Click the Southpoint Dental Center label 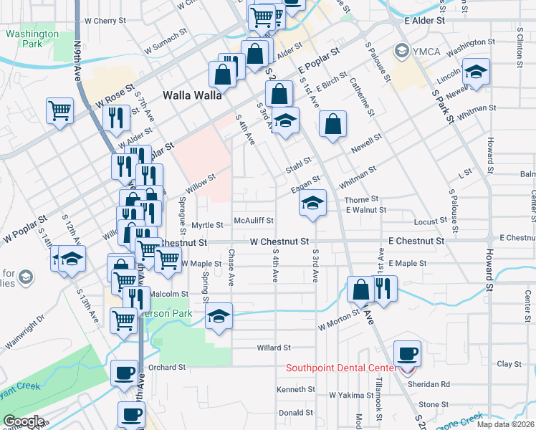(x=340, y=368)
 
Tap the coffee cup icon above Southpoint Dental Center (x=407, y=353)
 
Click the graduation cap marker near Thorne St (x=312, y=204)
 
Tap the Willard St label (x=273, y=348)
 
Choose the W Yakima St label (x=351, y=395)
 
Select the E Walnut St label (x=365, y=210)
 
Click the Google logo (x=23, y=421)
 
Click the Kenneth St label (x=296, y=389)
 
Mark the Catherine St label (x=363, y=98)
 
